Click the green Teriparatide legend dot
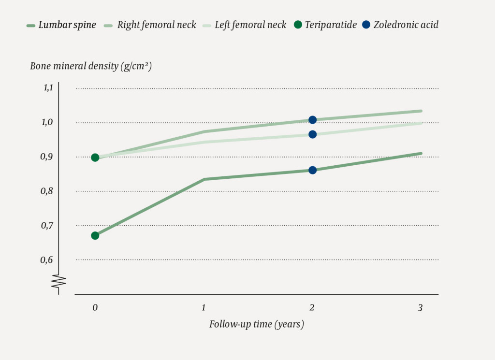coord(297,25)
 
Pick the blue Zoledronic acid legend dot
coord(366,25)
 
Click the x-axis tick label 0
coord(95,307)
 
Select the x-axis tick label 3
coord(421,307)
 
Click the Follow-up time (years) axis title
coord(257,324)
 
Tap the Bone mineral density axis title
coord(91,66)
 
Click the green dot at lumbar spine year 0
coord(95,235)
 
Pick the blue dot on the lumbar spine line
coord(312,170)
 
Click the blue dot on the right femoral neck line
coord(312,120)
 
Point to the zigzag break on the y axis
coord(58,283)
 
